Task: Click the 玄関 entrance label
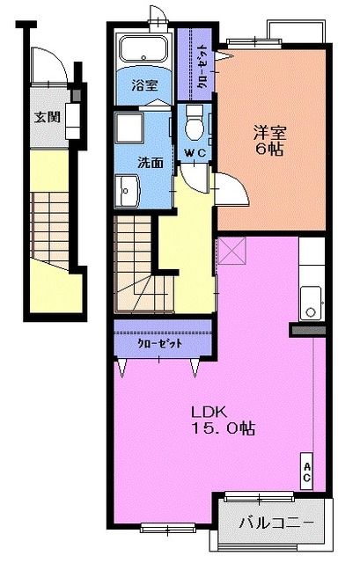pos(47,116)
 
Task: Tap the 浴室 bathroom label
pos(145,86)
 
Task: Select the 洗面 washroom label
pos(151,162)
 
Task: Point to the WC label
pos(195,154)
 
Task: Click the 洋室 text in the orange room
pos(271,133)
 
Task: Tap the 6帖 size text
pos(271,150)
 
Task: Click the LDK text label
pos(211,411)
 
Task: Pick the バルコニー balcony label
pos(276,523)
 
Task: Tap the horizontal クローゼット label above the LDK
pos(159,343)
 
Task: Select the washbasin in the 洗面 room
pos(127,188)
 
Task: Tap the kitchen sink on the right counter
pos(310,303)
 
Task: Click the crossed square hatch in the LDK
pos(234,252)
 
